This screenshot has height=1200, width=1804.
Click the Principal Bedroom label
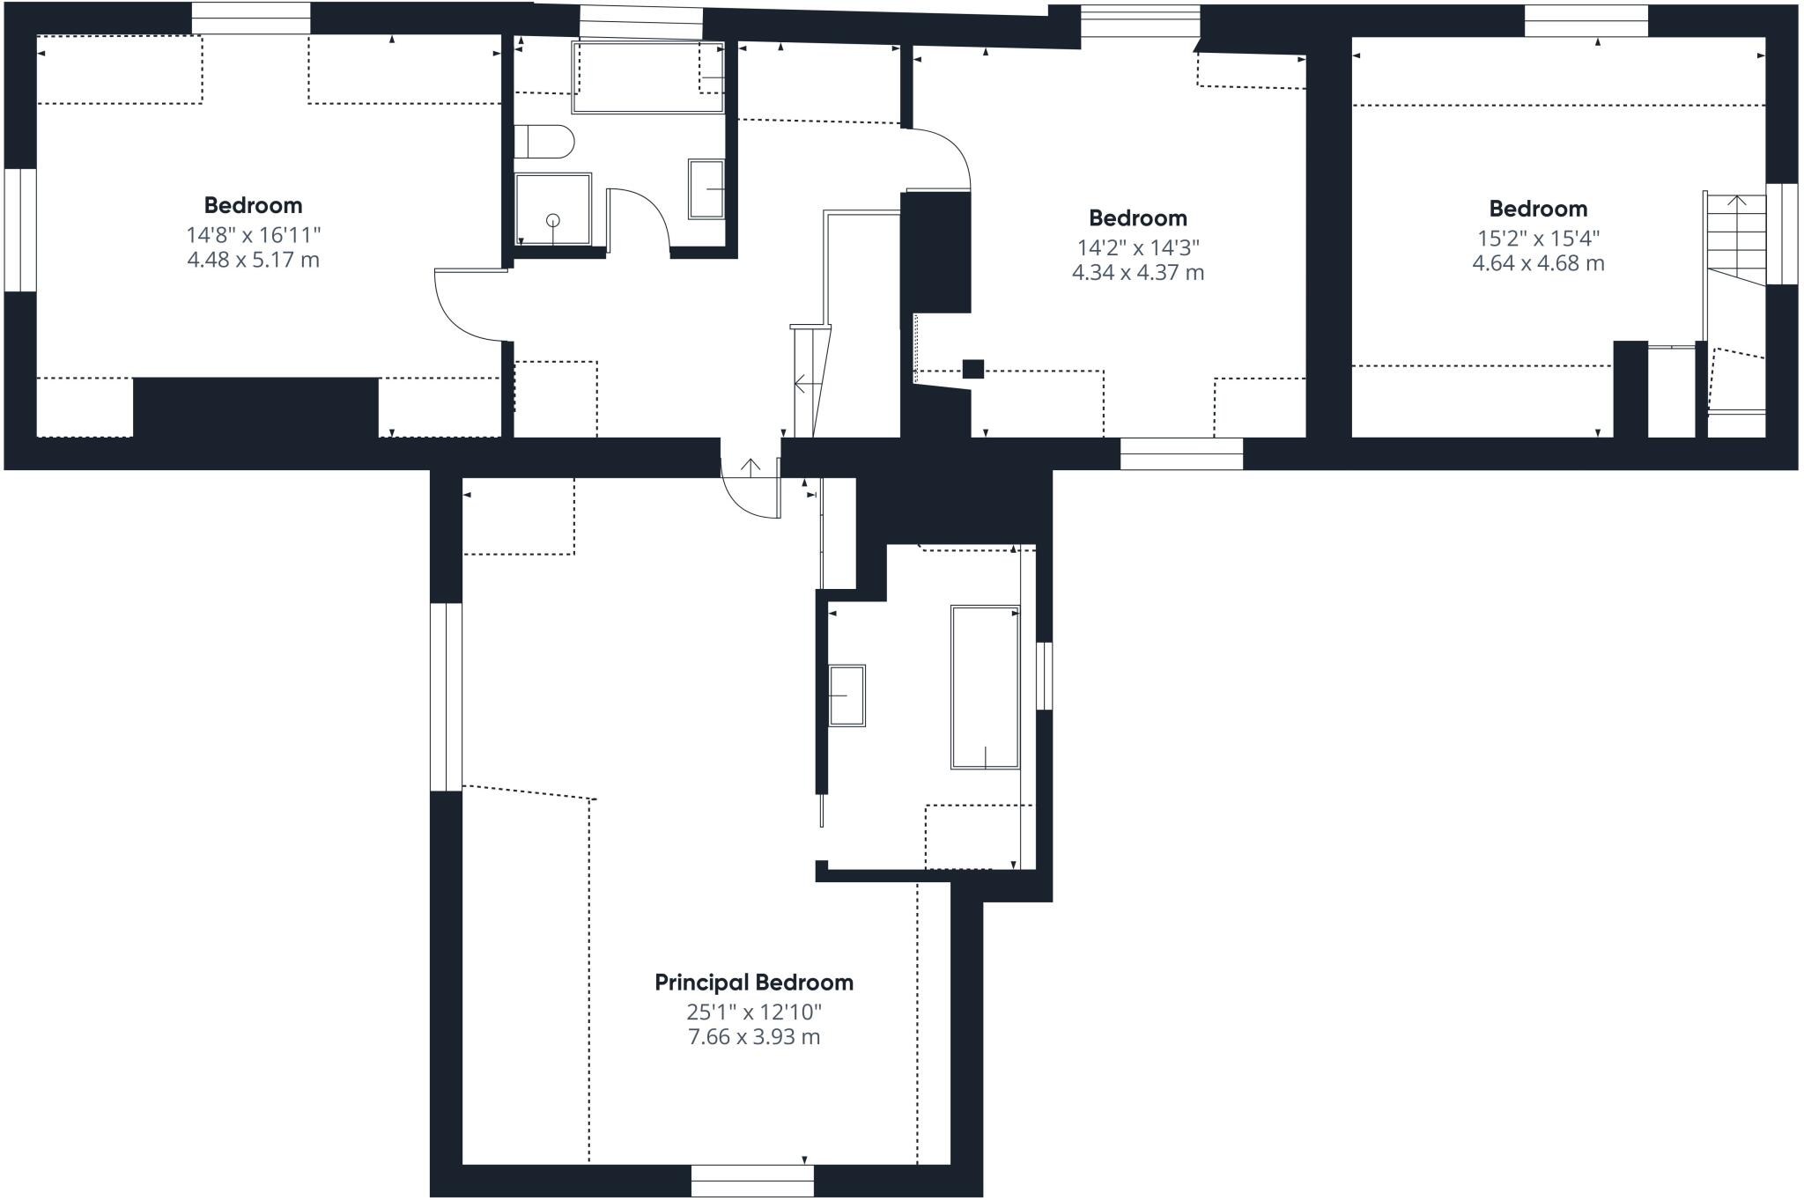tap(753, 983)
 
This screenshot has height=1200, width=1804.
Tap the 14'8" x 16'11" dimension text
tap(253, 235)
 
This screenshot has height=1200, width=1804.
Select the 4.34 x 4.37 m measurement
tap(1137, 273)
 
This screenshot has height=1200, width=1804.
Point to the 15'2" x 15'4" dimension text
tap(1538, 238)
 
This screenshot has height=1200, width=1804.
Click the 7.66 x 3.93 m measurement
tap(753, 1037)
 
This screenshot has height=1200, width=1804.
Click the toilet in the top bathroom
tap(543, 141)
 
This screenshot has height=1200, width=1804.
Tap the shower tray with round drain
tap(553, 210)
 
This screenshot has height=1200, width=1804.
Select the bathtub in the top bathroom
tap(647, 77)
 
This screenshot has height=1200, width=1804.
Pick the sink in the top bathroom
tap(706, 188)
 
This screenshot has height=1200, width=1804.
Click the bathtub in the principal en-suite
tap(985, 687)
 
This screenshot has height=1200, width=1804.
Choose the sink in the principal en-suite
tap(847, 696)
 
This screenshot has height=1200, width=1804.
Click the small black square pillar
tap(972, 369)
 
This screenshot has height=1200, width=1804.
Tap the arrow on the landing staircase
tap(803, 383)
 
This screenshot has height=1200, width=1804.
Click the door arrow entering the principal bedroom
tap(750, 467)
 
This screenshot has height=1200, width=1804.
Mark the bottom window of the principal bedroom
tap(752, 1181)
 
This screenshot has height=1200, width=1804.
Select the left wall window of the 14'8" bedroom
tap(19, 230)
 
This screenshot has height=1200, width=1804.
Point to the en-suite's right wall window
tap(1044, 675)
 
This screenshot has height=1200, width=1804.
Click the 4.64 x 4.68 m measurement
tap(1538, 263)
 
